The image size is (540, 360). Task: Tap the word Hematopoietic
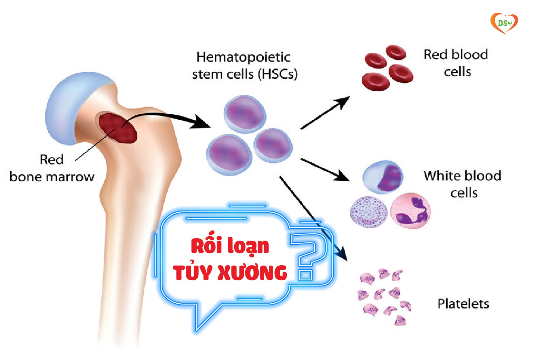pos(243,57)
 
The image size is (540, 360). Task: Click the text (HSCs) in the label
pos(277,74)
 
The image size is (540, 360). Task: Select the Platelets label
pos(463,304)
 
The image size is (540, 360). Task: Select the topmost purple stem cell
pos(245,114)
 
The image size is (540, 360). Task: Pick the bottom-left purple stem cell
pos(229,155)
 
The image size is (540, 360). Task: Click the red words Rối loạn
pos(230,246)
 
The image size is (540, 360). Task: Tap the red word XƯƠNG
pos(252,272)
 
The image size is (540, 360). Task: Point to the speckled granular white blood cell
pos(368,212)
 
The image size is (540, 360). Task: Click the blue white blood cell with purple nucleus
pos(383,177)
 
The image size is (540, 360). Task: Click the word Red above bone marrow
pos(52,159)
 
